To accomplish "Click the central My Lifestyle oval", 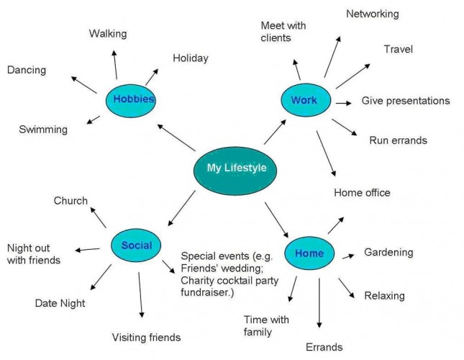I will [x=237, y=168].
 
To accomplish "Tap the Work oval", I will [x=304, y=100].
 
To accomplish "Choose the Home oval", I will [x=309, y=253].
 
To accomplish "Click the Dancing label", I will [x=27, y=71].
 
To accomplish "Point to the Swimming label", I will [x=43, y=130].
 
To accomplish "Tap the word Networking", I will [x=372, y=14].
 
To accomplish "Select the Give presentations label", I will [x=405, y=101].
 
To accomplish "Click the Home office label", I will [x=362, y=192].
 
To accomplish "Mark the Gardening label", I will [x=388, y=252].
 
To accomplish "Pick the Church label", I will [x=70, y=201].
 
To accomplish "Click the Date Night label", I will [x=60, y=303].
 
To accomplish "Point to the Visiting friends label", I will [x=146, y=337].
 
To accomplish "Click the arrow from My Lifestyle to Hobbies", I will [x=176, y=138].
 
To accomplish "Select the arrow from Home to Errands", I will [x=319, y=302].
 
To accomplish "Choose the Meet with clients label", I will [x=283, y=32].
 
